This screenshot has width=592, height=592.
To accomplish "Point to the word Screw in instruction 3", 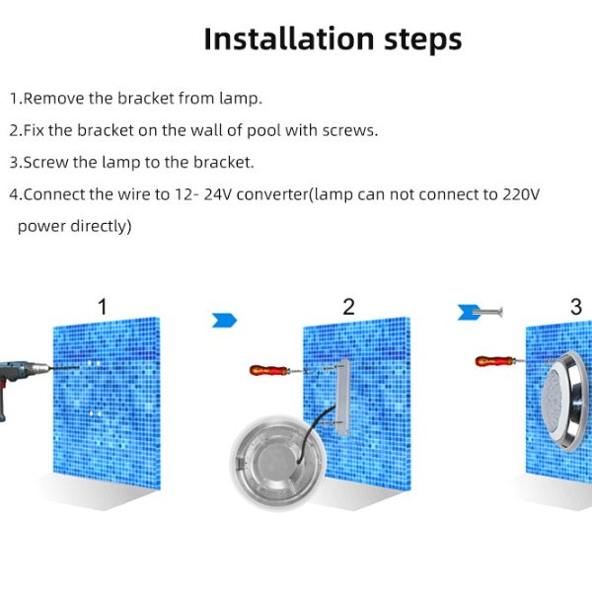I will pyautogui.click(x=45, y=162).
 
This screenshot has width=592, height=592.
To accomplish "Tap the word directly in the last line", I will pyautogui.click(x=98, y=226).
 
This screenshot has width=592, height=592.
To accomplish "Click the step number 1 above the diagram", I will pyautogui.click(x=102, y=307).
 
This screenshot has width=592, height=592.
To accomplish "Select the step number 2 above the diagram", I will pyautogui.click(x=348, y=307).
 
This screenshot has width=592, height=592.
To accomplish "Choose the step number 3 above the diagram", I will pyautogui.click(x=576, y=307).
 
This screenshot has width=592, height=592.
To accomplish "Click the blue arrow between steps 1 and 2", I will pyautogui.click(x=225, y=319).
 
